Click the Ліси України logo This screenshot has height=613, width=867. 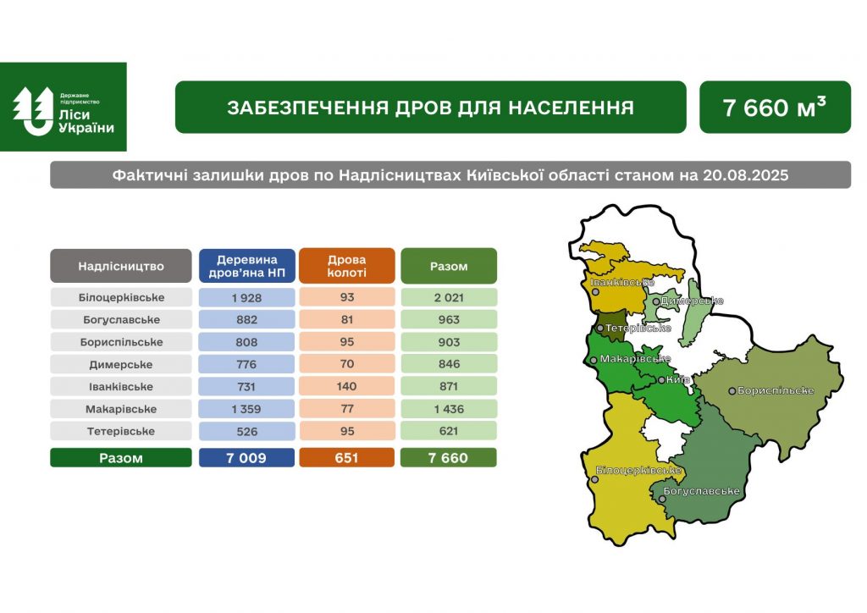pos(63,107)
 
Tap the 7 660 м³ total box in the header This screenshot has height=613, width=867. pos(775,108)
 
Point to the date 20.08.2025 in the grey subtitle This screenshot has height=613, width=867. pos(745,175)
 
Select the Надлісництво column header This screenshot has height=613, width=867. pos(120,266)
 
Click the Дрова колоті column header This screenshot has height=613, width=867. pos(346,266)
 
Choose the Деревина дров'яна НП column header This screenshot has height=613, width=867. pos(246,266)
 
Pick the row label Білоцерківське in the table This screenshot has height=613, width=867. pos(121,297)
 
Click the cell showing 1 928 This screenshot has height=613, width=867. pos(246,297)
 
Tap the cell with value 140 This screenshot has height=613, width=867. pos(346,386)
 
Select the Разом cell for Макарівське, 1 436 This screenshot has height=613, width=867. pos(449,409)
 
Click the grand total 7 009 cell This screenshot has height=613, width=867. pos(246,458)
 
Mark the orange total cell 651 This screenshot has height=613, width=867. pos(346,458)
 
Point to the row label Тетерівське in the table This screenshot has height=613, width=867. pos(121,431)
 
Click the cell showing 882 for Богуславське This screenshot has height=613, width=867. pos(246,319)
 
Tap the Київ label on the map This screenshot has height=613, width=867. pos(678,380)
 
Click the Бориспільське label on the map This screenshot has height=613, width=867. pos(776,390)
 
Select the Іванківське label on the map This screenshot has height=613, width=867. pos(622,283)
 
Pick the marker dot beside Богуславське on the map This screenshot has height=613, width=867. pos(662,500)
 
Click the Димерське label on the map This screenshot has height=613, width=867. pos(692,301)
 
